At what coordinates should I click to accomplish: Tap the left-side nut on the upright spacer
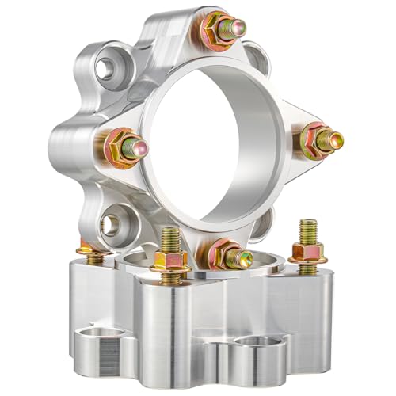click(120, 146)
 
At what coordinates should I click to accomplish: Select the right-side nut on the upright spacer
click(316, 141)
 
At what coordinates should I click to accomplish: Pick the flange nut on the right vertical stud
click(308, 253)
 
